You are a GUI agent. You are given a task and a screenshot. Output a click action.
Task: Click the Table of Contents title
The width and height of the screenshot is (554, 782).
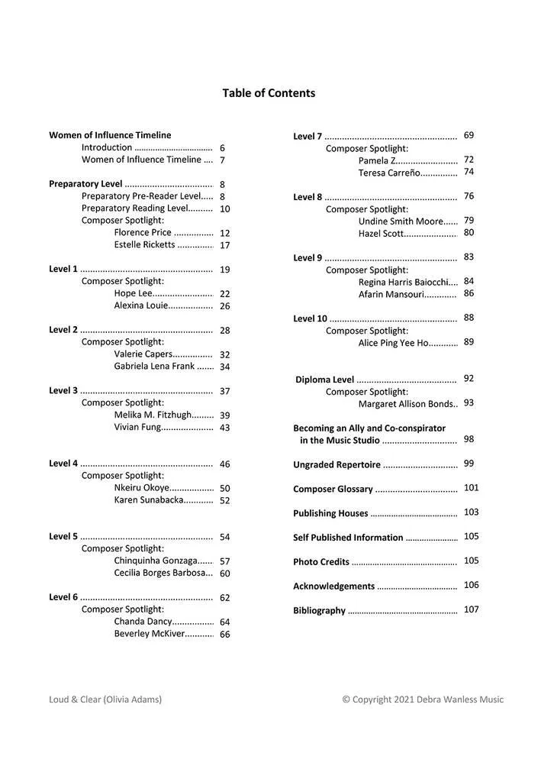269,93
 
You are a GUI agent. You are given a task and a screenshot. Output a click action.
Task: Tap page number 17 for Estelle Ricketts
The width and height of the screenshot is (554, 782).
225,245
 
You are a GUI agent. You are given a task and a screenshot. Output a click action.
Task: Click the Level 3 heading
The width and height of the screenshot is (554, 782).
63,391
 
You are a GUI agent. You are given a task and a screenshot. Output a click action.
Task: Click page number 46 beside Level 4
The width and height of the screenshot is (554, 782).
225,464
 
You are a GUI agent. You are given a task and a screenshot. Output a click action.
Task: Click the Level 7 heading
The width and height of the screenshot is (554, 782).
308,137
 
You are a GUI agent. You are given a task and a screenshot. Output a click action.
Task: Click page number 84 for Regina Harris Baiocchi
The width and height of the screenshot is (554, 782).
469,281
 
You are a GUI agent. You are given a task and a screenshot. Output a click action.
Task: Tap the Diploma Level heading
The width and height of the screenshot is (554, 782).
324,380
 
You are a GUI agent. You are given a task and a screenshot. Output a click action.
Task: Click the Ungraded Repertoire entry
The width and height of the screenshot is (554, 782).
337,464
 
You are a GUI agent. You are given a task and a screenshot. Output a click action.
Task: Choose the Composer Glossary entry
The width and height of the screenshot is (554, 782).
333,489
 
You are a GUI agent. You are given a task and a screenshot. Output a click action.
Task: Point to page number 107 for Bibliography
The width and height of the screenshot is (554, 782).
471,609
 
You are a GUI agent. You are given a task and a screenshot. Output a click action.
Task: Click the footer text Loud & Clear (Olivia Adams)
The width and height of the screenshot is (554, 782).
105,699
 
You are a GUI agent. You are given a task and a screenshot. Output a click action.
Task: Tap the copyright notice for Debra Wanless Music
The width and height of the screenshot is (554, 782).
423,699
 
